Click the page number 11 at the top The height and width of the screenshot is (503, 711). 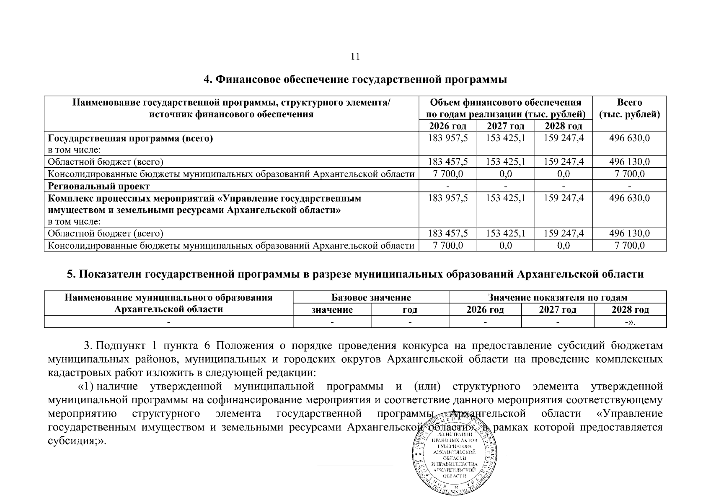pyautogui.click(x=355, y=57)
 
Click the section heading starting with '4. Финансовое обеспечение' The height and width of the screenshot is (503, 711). pyautogui.click(x=355, y=80)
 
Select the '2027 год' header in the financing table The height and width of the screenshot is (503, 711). pyautogui.click(x=505, y=126)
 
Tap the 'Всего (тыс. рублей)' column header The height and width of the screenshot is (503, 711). pyautogui.click(x=629, y=109)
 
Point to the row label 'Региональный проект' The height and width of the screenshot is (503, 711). pyautogui.click(x=99, y=186)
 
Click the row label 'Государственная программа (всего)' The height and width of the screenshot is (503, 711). pyautogui.click(x=130, y=139)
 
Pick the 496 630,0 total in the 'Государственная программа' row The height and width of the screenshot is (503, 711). pyautogui.click(x=629, y=138)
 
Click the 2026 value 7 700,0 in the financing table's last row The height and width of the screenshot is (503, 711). pyautogui.click(x=447, y=245)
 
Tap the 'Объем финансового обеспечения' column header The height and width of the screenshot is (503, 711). pyautogui.click(x=505, y=109)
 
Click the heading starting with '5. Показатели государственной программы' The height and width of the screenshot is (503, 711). pyautogui.click(x=355, y=274)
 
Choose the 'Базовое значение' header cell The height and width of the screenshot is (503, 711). pyautogui.click(x=371, y=298)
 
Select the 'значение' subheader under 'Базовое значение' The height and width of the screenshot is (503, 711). pyautogui.click(x=332, y=310)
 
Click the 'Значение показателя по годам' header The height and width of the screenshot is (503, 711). pyautogui.click(x=557, y=298)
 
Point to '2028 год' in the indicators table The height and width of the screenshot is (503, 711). pyautogui.click(x=630, y=310)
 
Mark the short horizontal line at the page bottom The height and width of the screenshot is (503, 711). pyautogui.click(x=355, y=465)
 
